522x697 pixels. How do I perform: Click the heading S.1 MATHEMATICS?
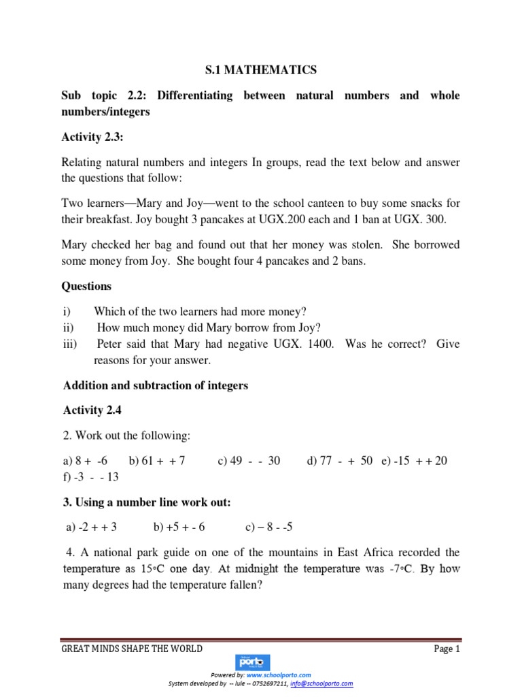[261, 69]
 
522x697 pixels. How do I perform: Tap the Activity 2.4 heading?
[92, 410]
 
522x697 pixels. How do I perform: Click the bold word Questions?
[87, 287]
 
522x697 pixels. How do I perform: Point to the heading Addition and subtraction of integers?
[156, 386]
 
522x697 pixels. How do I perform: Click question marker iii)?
[70, 344]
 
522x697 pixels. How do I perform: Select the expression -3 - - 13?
[97, 477]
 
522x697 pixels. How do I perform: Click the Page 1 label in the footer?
[447, 649]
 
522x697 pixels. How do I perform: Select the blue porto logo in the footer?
[252, 662]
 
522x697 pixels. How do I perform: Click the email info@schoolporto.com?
[321, 683]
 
